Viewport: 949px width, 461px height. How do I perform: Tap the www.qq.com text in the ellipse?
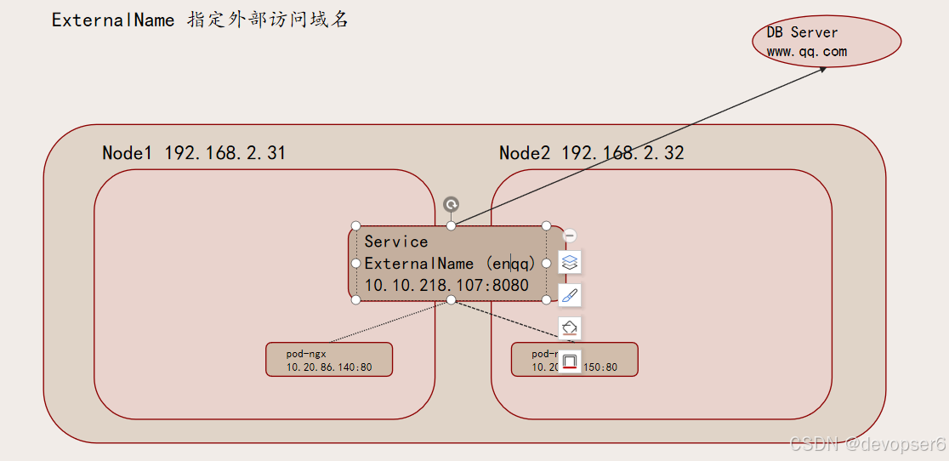[x=806, y=52]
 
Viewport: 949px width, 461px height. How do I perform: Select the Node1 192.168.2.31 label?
[x=194, y=153]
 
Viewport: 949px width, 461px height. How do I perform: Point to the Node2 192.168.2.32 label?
[x=591, y=153]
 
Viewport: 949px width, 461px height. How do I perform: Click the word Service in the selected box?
[x=396, y=242]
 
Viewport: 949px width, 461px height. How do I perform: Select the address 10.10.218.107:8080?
[x=446, y=286]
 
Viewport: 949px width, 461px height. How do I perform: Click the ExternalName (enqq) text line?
[x=450, y=264]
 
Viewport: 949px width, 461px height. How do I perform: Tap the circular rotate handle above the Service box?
[x=452, y=204]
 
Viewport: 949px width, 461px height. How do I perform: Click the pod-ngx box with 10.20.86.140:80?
[x=329, y=360]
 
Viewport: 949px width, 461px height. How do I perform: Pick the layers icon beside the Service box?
[x=570, y=263]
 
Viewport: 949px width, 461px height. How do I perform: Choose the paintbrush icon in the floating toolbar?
[x=570, y=295]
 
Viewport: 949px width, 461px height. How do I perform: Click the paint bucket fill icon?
[x=570, y=327]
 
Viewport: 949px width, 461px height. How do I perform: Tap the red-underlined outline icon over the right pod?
[x=570, y=361]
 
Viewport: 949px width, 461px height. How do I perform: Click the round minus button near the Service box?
[x=571, y=236]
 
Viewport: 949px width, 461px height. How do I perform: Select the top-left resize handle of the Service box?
[x=355, y=226]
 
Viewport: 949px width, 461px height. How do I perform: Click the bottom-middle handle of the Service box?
[x=452, y=299]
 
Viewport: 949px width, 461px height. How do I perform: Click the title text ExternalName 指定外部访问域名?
[x=200, y=20]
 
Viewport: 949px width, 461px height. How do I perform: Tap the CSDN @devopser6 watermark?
[x=867, y=444]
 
